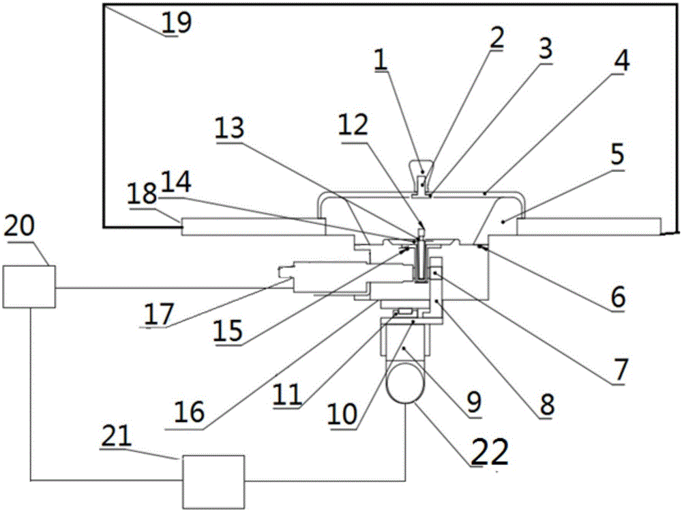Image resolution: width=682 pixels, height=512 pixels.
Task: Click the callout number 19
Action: (x=177, y=23)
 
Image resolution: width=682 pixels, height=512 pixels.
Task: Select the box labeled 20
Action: (x=29, y=287)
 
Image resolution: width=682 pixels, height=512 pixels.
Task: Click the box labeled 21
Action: (x=213, y=481)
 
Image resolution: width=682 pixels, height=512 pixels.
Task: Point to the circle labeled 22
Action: (x=405, y=384)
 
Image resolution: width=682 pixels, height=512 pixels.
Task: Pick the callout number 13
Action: (x=230, y=128)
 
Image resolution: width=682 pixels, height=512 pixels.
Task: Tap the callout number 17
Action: (x=160, y=314)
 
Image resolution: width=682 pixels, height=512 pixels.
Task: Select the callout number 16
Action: (x=189, y=412)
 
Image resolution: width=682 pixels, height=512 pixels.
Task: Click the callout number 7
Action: (x=620, y=369)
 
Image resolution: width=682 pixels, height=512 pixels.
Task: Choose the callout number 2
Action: (x=496, y=38)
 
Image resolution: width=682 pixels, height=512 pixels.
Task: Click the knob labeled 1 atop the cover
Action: (x=422, y=173)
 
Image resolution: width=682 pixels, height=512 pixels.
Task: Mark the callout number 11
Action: (x=287, y=395)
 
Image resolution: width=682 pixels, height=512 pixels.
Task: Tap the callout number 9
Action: (x=473, y=402)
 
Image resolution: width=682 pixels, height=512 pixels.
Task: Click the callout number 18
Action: (x=143, y=194)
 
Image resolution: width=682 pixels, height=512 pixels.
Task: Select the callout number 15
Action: (x=228, y=330)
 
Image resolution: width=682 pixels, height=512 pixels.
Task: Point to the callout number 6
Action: (x=618, y=298)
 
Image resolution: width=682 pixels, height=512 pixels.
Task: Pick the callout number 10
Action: (x=342, y=414)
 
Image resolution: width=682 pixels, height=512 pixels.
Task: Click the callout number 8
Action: (x=547, y=403)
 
